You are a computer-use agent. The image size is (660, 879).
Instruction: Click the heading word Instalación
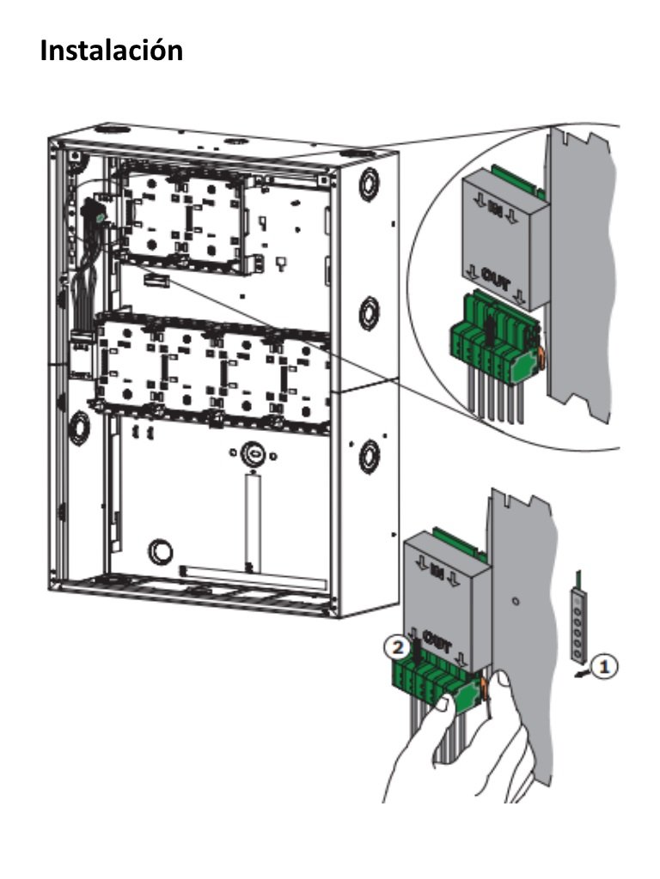point(112,51)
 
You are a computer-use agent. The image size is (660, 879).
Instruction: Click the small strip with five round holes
point(584,623)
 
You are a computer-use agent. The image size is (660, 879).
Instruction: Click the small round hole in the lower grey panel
point(514,602)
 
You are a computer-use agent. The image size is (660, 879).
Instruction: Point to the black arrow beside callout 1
point(584,674)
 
